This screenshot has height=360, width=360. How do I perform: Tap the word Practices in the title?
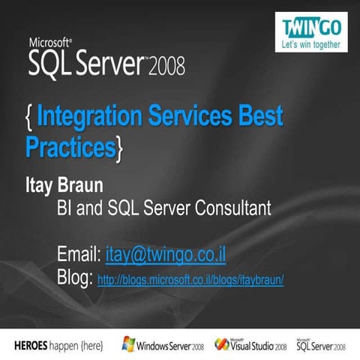point(70,146)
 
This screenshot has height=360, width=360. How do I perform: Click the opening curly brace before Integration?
point(28,118)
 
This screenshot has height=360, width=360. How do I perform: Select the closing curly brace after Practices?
point(119,147)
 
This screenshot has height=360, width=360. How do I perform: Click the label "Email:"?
point(79,256)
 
